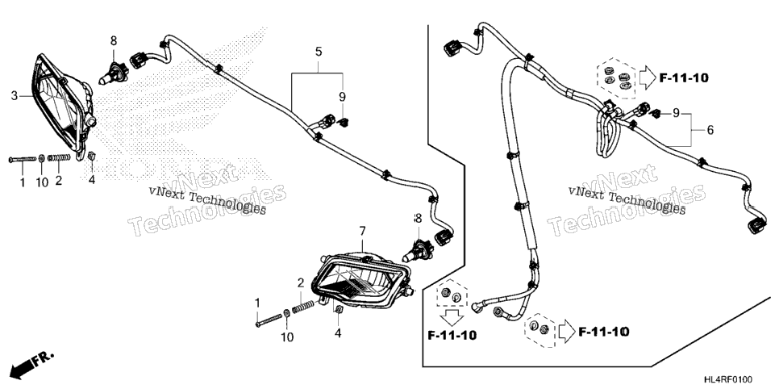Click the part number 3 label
(x=15, y=95)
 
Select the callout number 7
(x=362, y=231)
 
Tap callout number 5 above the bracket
(x=319, y=51)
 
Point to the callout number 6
(x=710, y=130)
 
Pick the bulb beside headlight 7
(x=419, y=249)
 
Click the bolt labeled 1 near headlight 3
(x=23, y=159)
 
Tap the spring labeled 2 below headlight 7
(x=303, y=308)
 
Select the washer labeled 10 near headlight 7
(x=286, y=313)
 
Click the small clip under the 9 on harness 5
(x=342, y=122)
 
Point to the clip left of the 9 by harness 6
(x=656, y=114)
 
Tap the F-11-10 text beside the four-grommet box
(x=684, y=77)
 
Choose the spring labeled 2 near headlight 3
(x=60, y=157)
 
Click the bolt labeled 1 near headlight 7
(x=269, y=320)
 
